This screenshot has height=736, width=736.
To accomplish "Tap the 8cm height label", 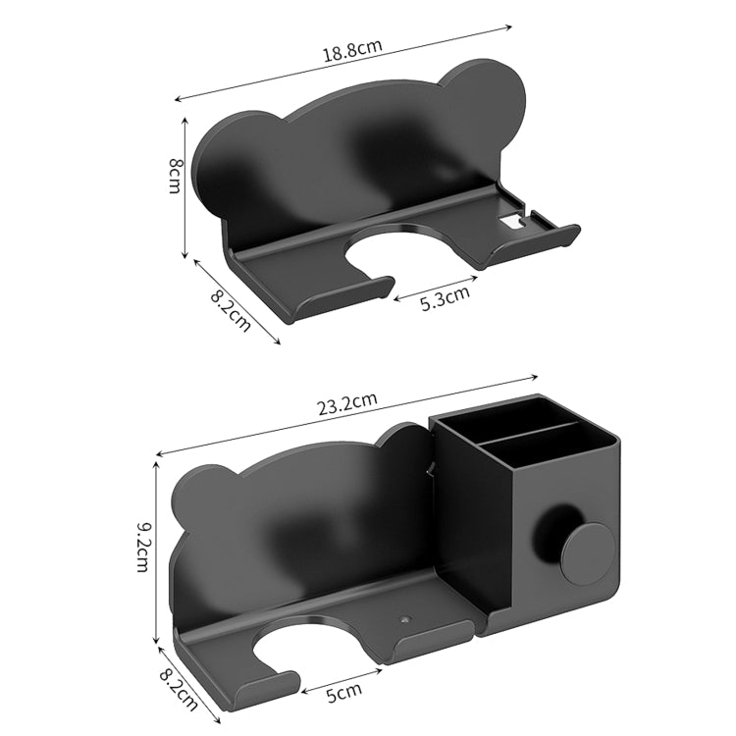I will pyautogui.click(x=175, y=176).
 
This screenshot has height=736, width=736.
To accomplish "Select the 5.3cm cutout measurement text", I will pyautogui.click(x=445, y=297).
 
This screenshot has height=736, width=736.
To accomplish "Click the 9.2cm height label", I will pyautogui.click(x=143, y=548).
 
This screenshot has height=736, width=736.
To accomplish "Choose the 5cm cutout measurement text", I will pyautogui.click(x=343, y=693).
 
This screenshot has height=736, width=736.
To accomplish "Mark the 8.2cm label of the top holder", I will pyautogui.click(x=231, y=312).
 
